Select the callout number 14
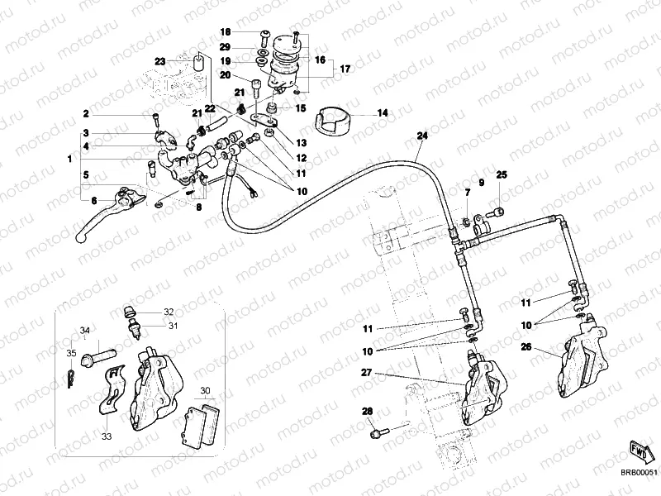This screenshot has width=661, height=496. click(383, 112)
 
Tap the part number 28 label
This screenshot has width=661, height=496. click(368, 412)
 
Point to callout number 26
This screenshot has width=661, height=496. click(525, 348)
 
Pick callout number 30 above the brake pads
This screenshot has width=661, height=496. click(207, 390)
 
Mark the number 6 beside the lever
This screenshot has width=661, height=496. click(93, 200)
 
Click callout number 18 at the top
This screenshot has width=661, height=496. click(225, 32)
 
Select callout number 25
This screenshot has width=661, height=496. click(501, 174)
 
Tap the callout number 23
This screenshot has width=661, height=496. click(160, 60)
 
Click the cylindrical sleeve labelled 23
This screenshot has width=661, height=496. click(198, 64)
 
